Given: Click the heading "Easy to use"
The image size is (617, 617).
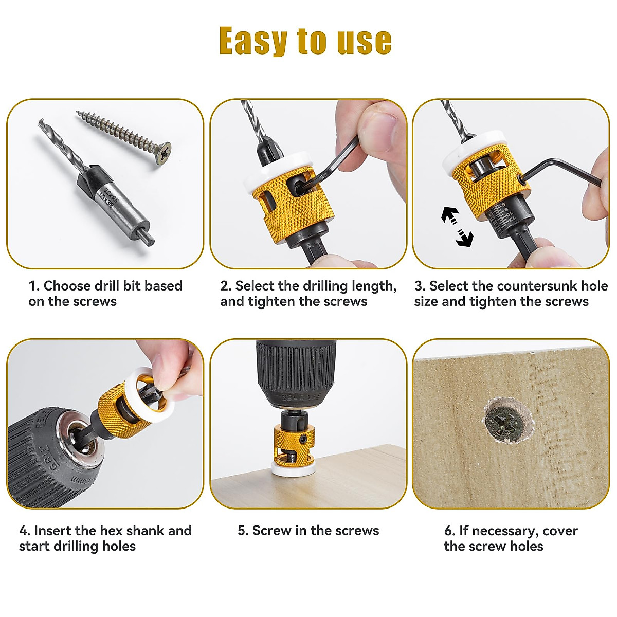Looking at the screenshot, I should click(x=305, y=41).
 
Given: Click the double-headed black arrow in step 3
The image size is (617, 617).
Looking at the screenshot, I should click(x=457, y=226).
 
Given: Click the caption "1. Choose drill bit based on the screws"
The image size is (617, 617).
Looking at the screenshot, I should click(x=105, y=294).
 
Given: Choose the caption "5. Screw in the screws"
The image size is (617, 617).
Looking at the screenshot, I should click(x=308, y=531).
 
